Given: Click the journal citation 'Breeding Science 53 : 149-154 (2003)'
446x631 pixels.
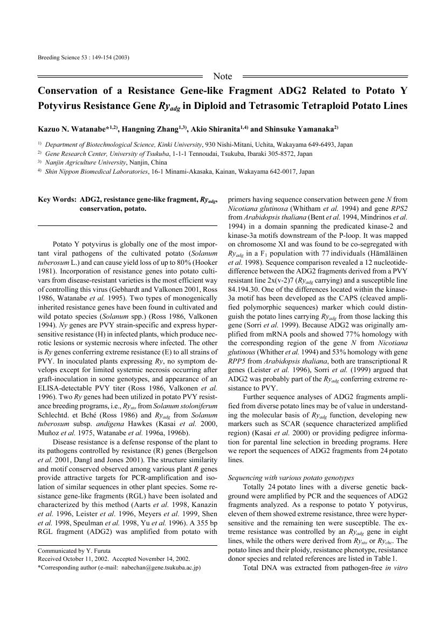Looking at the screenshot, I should tap(83, 57).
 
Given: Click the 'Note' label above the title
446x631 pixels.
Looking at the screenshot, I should tap(223, 76).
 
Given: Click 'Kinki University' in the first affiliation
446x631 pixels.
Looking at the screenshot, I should tap(180, 145).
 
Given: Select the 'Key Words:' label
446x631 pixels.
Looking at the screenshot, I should tap(57, 200).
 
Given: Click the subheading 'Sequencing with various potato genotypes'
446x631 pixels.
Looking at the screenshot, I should tap(291, 478).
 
